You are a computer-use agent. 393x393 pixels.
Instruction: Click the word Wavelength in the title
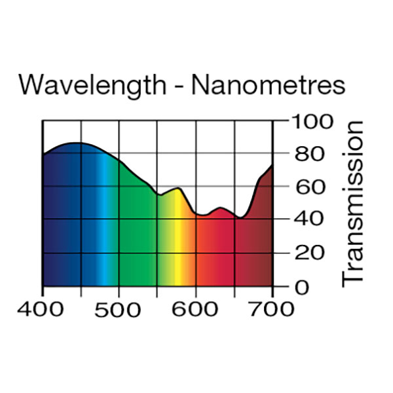pos(94,86)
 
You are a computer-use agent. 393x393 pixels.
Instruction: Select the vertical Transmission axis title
pos(352,203)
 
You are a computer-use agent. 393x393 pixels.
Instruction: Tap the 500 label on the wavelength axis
pos(119,309)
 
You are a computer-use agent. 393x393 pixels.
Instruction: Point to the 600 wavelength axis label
pos(195,309)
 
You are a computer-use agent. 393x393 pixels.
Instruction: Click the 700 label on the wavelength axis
pos(271,309)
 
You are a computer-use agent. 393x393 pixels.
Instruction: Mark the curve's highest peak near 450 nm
pos(77,143)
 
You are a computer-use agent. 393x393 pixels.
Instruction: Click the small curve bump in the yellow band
pos(178,189)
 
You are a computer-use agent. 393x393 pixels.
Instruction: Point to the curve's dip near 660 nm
pos(242,217)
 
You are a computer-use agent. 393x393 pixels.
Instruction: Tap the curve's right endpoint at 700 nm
pos(272,166)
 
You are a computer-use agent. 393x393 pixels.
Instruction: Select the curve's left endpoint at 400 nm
pos(43,155)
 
